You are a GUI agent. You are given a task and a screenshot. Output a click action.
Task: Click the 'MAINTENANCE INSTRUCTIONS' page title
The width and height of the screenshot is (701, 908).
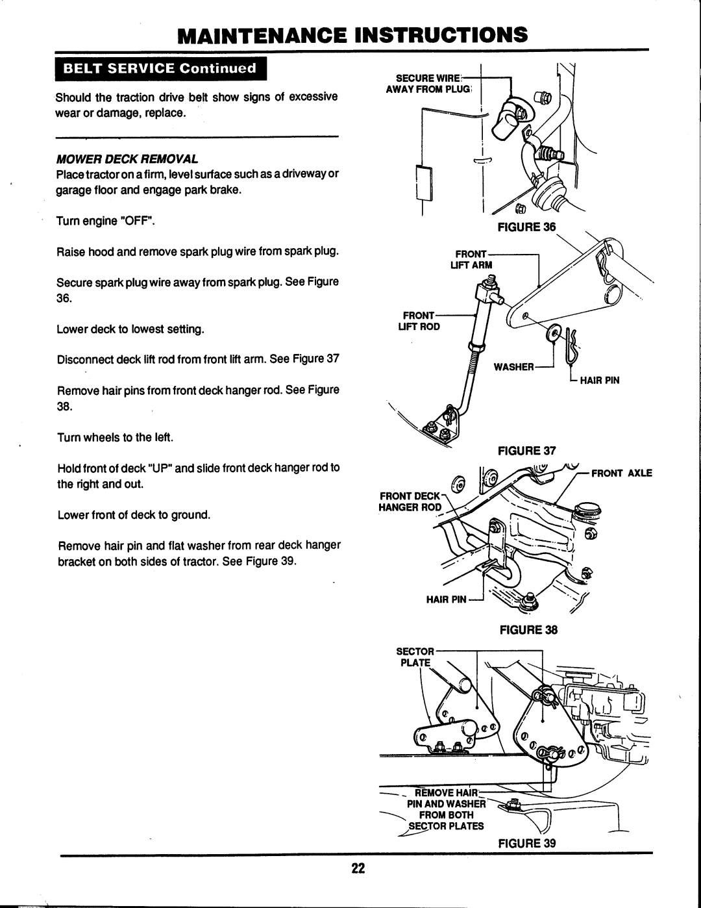click(x=352, y=34)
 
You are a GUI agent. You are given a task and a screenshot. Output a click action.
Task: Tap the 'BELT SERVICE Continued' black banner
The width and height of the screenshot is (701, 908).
click(x=161, y=69)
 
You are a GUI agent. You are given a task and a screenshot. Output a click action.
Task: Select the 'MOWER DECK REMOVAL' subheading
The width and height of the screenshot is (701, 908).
click(x=127, y=159)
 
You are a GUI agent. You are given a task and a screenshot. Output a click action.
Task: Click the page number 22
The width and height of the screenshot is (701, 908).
click(x=358, y=868)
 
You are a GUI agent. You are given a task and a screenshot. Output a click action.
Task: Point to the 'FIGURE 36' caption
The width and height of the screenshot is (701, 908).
click(x=526, y=227)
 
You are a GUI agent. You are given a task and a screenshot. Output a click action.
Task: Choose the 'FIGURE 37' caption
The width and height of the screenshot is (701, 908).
click(x=527, y=451)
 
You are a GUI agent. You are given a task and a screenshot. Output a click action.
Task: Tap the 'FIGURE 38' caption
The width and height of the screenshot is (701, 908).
click(x=528, y=630)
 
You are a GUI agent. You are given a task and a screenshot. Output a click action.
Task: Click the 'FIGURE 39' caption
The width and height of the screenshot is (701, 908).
click(x=527, y=843)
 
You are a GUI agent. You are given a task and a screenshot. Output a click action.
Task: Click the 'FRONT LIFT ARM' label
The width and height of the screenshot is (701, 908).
click(x=471, y=260)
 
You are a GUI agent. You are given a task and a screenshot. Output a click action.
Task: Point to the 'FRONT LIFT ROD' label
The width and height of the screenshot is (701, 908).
click(x=419, y=321)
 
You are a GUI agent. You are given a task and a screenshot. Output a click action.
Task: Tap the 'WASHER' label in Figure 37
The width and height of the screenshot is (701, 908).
click(x=513, y=367)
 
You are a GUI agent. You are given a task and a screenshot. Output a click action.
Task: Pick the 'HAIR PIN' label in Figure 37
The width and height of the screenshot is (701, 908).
click(x=600, y=380)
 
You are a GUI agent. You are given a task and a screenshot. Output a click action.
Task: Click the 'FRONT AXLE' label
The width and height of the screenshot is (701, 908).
click(x=622, y=473)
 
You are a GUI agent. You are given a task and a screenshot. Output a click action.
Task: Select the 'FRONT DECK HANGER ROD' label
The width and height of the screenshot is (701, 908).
click(x=410, y=501)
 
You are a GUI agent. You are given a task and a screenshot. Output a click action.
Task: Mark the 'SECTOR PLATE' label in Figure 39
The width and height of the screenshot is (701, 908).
click(x=415, y=657)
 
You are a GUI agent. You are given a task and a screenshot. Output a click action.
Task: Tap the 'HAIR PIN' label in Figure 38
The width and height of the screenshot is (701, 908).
click(x=446, y=599)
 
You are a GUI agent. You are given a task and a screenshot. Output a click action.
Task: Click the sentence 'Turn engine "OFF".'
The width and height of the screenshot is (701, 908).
click(x=106, y=221)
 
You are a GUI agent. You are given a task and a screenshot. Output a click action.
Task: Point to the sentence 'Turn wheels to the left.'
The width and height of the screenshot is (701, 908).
click(x=116, y=438)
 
